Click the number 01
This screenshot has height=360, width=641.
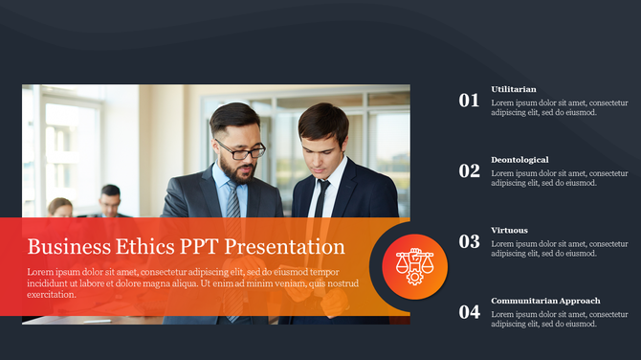coord(469,100)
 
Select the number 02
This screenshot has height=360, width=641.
coord(469,170)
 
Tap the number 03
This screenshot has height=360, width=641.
coord(469,241)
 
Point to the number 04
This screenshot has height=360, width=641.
coord(469,312)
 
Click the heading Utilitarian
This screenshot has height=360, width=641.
coord(514,89)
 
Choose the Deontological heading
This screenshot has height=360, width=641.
coord(519,160)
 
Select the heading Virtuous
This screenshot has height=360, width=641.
coord(509,231)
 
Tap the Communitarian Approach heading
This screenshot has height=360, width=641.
coord(545,302)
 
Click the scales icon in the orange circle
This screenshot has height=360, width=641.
coord(414,262)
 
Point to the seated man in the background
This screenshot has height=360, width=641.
coord(110,200)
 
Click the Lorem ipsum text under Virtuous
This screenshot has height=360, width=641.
coord(560,249)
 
